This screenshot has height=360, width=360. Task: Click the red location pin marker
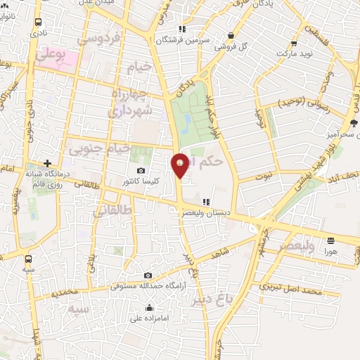coord(181,165)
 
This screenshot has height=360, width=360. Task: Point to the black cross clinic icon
coord(47,162)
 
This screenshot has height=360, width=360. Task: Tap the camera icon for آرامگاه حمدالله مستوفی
coord(147,276)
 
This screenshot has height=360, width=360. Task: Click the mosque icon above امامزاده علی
coord(149,307)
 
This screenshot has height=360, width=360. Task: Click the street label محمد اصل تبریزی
coord(290,288)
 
